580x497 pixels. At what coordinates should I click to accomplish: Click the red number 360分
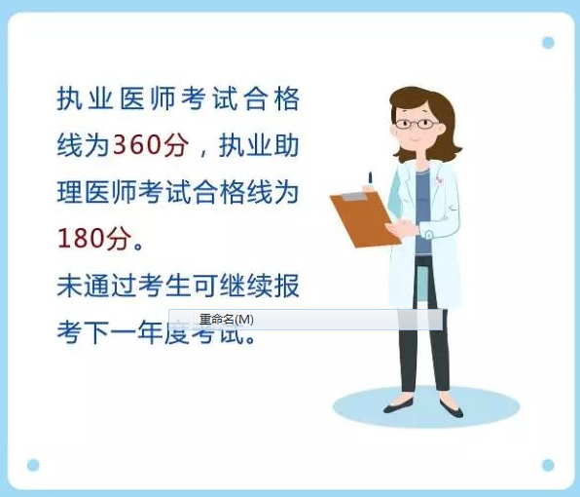tap(149, 146)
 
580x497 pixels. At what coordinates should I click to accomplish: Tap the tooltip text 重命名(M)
tap(226, 320)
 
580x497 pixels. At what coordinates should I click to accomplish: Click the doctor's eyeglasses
tap(415, 124)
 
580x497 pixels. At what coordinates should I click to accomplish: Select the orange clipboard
tap(365, 218)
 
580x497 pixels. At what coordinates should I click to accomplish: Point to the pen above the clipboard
tap(370, 179)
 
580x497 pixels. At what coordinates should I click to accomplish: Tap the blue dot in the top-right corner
tap(548, 43)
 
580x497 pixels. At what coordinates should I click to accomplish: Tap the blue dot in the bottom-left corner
tap(33, 465)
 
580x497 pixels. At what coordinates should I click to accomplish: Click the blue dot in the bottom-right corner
tap(548, 465)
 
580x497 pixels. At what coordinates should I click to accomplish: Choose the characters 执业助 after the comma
tap(259, 146)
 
